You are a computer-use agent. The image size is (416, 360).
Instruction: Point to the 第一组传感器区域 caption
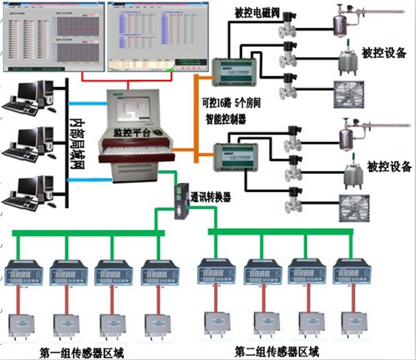click(82, 352)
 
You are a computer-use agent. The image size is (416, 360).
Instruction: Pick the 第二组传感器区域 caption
click(277, 350)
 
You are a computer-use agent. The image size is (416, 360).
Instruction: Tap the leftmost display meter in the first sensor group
click(24, 276)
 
